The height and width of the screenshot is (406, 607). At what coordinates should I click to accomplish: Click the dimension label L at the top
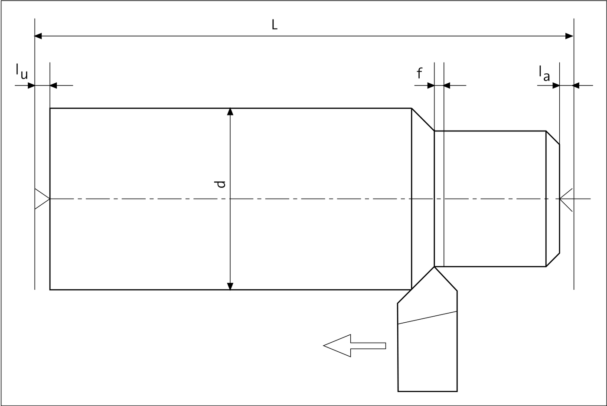click(x=274, y=25)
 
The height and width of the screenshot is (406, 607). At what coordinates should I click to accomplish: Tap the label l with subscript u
click(x=22, y=72)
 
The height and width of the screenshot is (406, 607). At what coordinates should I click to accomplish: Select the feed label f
click(x=419, y=73)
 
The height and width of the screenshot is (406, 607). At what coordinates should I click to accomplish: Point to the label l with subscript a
click(x=544, y=73)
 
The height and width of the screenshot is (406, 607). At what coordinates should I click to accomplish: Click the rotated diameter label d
click(x=220, y=184)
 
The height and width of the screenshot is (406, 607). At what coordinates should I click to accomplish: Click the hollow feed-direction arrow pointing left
click(x=355, y=346)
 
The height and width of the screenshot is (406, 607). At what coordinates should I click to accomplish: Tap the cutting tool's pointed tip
click(x=434, y=267)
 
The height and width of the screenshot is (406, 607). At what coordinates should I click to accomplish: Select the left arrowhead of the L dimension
click(x=38, y=36)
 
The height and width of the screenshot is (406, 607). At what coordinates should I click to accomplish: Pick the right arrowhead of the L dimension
click(x=569, y=36)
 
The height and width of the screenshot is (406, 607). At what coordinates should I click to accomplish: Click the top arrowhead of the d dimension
click(x=230, y=111)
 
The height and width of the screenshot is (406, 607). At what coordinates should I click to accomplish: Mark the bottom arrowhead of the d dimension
click(x=230, y=286)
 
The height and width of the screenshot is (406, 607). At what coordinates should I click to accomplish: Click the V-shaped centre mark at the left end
click(x=42, y=199)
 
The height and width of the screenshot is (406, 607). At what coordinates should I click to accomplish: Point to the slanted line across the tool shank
click(x=428, y=318)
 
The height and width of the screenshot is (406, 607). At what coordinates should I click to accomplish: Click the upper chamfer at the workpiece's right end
click(x=553, y=138)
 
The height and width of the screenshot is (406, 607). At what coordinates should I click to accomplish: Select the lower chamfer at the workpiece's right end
click(x=553, y=260)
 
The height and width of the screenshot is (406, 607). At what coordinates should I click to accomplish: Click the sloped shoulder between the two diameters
click(x=423, y=120)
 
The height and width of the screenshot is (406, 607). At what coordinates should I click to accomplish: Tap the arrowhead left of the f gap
click(x=431, y=85)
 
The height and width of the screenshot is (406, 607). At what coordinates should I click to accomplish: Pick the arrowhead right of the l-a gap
click(x=576, y=85)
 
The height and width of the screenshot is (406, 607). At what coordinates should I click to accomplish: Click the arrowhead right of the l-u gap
click(x=53, y=85)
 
